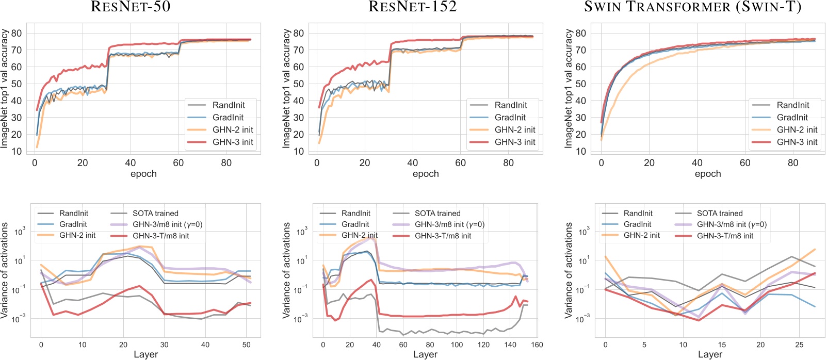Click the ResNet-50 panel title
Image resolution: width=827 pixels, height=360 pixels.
(131, 7)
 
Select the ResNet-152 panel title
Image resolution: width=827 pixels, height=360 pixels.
(412, 7)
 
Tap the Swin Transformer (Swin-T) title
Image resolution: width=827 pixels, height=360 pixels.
(692, 7)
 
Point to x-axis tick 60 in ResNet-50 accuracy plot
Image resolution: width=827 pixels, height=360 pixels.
(179, 163)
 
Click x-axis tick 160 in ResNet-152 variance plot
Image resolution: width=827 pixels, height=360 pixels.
(537, 345)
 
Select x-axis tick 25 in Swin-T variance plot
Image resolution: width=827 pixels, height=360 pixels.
(799, 345)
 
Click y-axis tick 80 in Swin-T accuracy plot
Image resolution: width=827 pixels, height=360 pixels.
(581, 34)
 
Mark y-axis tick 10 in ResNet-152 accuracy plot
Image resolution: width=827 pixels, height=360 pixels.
(299, 152)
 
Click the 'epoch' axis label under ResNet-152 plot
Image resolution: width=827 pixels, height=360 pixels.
(426, 174)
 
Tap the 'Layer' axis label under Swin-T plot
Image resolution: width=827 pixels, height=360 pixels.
(710, 354)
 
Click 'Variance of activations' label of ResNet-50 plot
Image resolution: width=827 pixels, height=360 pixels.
(5, 270)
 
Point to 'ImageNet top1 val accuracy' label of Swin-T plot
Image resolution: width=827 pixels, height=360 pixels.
(569, 89)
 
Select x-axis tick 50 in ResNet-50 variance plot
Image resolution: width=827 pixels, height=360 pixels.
(247, 345)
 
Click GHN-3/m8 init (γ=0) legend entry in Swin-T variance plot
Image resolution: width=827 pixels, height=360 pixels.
(732, 224)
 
